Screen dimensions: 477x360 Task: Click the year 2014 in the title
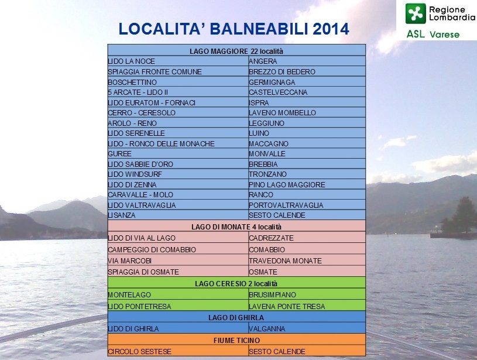[x=331, y=29]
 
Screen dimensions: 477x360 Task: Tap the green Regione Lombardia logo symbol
[x=416, y=13]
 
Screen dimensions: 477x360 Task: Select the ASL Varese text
[x=433, y=34]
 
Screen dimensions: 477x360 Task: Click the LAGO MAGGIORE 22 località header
[x=236, y=51]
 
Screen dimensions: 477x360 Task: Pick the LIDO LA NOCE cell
[x=178, y=61]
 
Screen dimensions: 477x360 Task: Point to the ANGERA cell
[x=307, y=61]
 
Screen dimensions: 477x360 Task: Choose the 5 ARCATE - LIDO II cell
[x=178, y=92]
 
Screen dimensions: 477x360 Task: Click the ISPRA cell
[x=307, y=102]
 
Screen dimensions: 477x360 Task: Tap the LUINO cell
[x=307, y=133]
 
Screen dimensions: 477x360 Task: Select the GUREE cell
[x=178, y=154]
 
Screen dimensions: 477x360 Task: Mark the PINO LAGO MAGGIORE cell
[x=307, y=185]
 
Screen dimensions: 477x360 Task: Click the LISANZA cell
[x=178, y=215]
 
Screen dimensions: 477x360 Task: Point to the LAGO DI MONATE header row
[x=236, y=227]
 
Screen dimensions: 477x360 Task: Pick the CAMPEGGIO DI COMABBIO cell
[x=178, y=249]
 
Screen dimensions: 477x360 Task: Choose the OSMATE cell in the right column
[x=307, y=272]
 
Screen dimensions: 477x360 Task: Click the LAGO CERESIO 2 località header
[x=236, y=283]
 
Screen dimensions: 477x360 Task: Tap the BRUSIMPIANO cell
[x=307, y=294]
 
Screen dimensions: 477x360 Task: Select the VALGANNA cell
[x=307, y=328]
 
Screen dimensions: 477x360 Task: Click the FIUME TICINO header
[x=236, y=340]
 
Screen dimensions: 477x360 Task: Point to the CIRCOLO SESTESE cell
[x=178, y=351]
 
